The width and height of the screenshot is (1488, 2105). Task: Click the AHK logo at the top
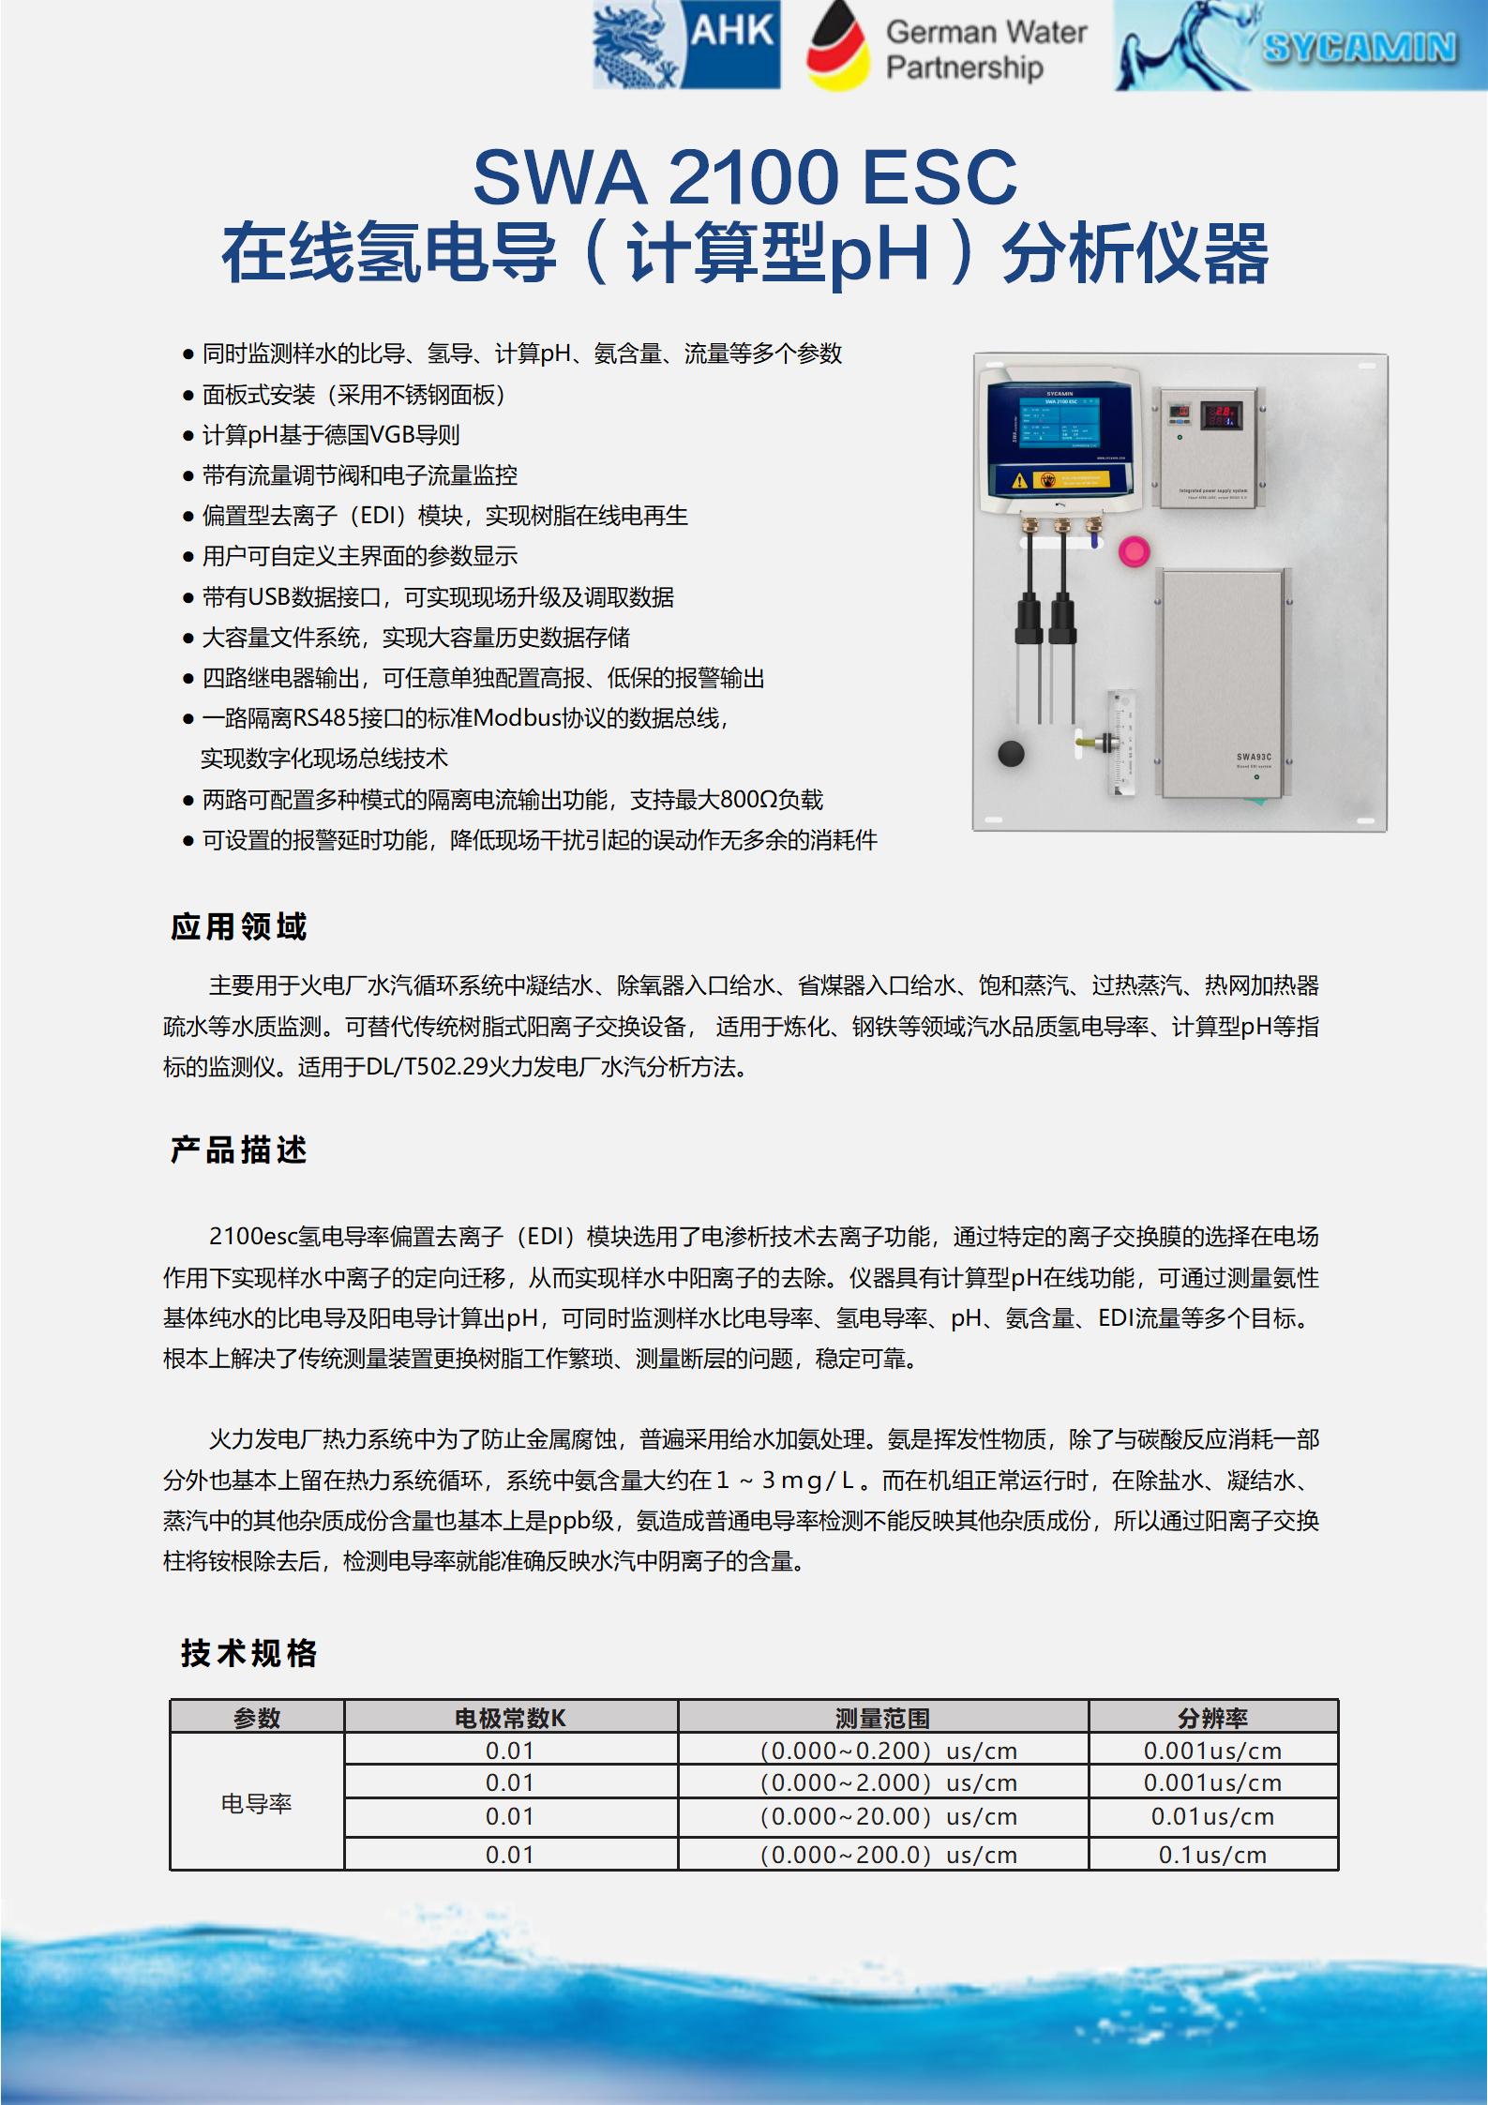click(x=686, y=45)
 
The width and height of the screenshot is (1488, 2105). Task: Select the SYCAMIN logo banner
click(x=1299, y=46)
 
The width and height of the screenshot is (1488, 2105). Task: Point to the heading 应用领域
click(x=238, y=926)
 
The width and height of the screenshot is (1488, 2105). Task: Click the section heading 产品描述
click(x=238, y=1150)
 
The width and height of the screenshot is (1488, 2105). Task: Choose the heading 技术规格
click(x=248, y=1653)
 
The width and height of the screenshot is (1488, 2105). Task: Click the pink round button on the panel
click(x=1134, y=551)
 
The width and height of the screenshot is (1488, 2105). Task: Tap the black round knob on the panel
click(x=1010, y=753)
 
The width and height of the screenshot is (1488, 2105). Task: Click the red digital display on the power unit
click(x=1222, y=414)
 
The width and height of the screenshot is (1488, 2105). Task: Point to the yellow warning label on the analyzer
click(x=1060, y=480)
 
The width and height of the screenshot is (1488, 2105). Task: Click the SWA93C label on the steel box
click(x=1253, y=757)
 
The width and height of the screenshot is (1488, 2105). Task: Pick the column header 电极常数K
click(x=510, y=1718)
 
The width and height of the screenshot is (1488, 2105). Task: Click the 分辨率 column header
click(x=1212, y=1718)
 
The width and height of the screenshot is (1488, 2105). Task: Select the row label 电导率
click(x=256, y=1803)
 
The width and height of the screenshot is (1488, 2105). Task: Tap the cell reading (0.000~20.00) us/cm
click(x=888, y=1817)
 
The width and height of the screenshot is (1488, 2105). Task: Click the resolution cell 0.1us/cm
click(x=1212, y=1855)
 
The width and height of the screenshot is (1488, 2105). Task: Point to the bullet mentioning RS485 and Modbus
click(x=465, y=719)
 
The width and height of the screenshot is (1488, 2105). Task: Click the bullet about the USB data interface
click(x=437, y=597)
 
